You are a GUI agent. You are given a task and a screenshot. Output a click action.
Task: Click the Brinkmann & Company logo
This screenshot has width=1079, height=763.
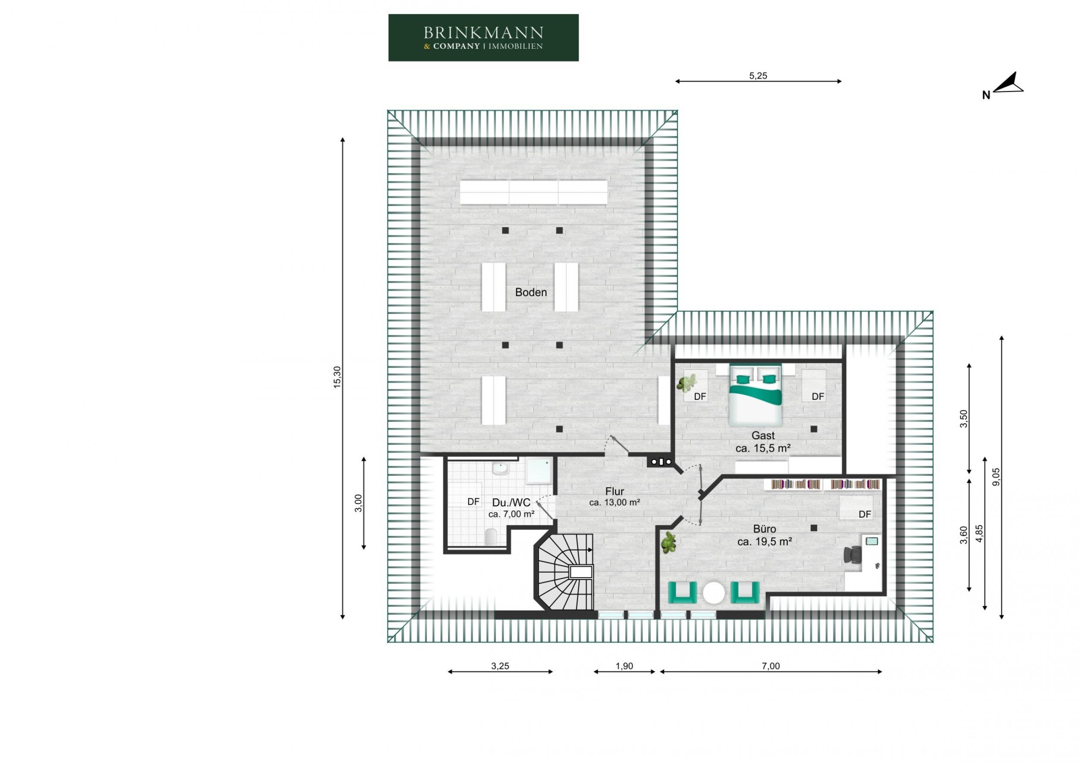pos(483,38)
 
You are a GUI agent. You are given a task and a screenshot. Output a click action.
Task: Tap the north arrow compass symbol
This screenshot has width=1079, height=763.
pos(1009,85)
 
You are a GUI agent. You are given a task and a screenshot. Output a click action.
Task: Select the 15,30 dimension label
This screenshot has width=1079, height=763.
pos(338,377)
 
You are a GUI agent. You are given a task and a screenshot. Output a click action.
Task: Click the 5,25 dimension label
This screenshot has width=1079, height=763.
pos(757,76)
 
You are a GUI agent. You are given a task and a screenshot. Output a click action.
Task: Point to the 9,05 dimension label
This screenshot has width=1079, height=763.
pos(996,477)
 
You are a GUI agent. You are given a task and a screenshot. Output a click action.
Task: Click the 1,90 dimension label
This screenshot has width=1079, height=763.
pos(624,666)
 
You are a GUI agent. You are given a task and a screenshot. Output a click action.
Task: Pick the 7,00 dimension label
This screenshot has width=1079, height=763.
pos(771,666)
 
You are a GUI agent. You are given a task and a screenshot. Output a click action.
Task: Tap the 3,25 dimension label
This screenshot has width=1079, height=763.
pos(500,666)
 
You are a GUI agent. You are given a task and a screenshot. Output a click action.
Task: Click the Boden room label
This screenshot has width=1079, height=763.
pos(530,292)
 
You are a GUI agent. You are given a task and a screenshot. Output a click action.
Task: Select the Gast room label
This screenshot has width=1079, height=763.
pos(763,436)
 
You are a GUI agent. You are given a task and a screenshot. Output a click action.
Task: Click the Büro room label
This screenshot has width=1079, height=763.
pos(765,529)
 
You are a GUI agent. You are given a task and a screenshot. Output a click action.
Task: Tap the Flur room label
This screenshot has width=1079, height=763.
pos(614,492)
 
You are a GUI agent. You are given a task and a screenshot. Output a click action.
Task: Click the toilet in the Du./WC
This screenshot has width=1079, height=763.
pos(491,537)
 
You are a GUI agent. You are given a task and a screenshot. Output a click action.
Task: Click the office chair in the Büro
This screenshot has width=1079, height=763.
pos(853,554)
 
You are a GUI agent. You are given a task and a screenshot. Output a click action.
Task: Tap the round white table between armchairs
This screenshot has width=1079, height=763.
pos(714,593)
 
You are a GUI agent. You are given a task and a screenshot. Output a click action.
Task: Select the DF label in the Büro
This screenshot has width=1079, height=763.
pos(864,514)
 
